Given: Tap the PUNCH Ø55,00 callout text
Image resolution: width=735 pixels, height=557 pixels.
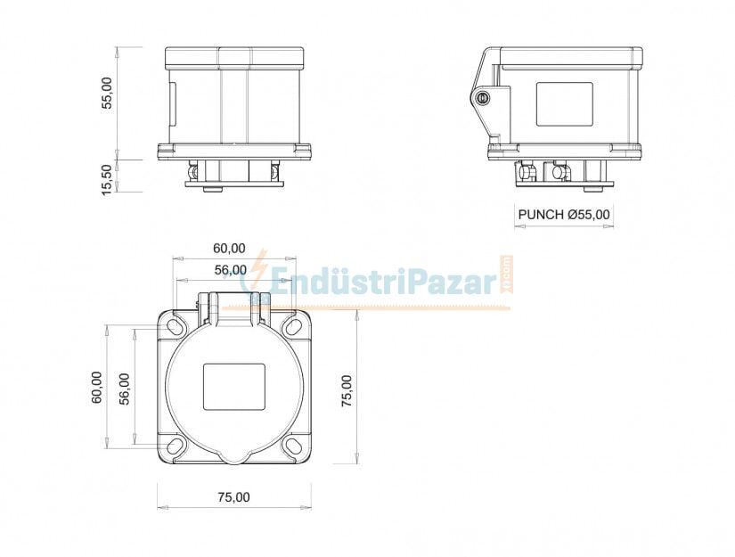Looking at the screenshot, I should (564, 214).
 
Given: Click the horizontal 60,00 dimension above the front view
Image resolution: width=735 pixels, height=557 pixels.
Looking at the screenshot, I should (229, 248).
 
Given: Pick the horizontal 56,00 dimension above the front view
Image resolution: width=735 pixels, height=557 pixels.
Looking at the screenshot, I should (230, 269).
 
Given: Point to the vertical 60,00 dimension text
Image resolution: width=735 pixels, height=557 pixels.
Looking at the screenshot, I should (97, 388).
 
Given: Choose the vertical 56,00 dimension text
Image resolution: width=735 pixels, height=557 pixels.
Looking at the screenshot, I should (124, 388).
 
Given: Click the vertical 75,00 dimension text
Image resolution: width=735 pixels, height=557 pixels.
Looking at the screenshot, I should (347, 390).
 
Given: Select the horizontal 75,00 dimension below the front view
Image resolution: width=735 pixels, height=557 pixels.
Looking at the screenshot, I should (233, 497).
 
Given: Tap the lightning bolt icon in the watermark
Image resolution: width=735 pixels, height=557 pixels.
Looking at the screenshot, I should (258, 269).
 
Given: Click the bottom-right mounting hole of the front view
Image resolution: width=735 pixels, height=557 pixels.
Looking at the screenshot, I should (293, 446).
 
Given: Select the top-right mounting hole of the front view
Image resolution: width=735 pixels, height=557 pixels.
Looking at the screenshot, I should (293, 327).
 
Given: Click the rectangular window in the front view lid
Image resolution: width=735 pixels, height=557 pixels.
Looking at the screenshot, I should (234, 386).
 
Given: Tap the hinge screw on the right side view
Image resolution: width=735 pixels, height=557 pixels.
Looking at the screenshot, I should (484, 98).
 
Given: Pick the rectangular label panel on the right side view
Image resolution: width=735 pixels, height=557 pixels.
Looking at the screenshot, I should (564, 104).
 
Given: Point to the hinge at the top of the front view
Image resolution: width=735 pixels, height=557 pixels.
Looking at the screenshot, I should (233, 305).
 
